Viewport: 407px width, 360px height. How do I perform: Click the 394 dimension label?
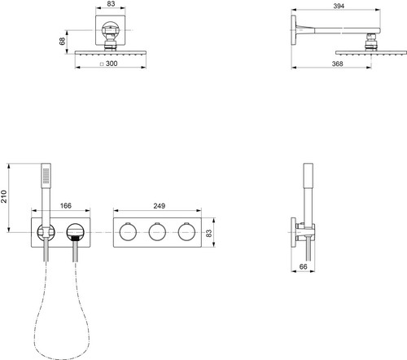(339, 6)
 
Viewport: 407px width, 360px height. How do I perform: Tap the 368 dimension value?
(337, 64)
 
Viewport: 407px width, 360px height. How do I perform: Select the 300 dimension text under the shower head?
(112, 64)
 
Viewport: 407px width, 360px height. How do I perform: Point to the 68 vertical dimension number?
(62, 42)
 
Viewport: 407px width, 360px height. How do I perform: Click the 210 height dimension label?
(3, 196)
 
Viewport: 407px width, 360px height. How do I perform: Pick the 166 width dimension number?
(66, 205)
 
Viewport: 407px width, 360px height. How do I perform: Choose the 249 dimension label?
(160, 206)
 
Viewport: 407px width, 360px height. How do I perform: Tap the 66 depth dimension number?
(303, 266)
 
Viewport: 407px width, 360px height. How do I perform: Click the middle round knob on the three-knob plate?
(157, 232)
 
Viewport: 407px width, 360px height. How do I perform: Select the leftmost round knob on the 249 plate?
(128, 232)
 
